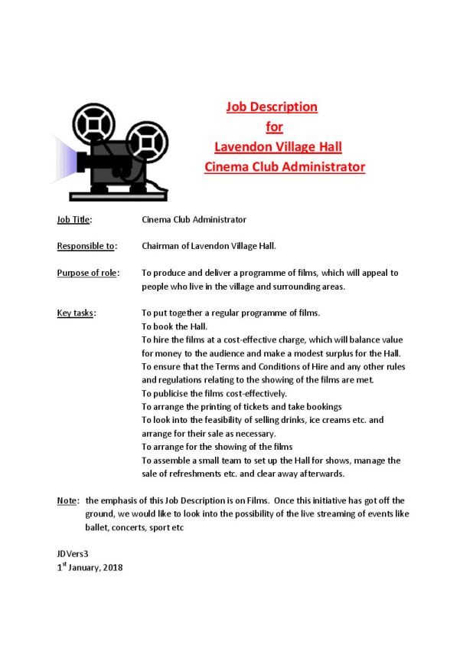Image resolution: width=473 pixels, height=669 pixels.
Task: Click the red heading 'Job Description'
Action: (272, 107)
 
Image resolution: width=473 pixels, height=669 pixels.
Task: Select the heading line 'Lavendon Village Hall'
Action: (278, 146)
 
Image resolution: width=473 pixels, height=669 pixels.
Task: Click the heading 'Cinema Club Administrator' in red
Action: (284, 166)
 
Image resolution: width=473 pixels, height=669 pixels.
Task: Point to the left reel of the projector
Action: (93, 122)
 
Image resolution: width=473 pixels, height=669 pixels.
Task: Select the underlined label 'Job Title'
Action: (73, 219)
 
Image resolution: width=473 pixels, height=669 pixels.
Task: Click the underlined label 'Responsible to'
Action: (86, 246)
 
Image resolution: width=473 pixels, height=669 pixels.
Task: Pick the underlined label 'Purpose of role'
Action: (86, 273)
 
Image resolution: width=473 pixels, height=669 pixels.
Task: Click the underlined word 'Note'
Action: (67, 500)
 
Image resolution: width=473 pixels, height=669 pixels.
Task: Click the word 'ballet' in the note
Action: (96, 528)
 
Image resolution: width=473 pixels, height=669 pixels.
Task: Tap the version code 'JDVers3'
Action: (73, 553)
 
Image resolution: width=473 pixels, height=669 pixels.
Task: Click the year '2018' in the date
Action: (112, 568)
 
